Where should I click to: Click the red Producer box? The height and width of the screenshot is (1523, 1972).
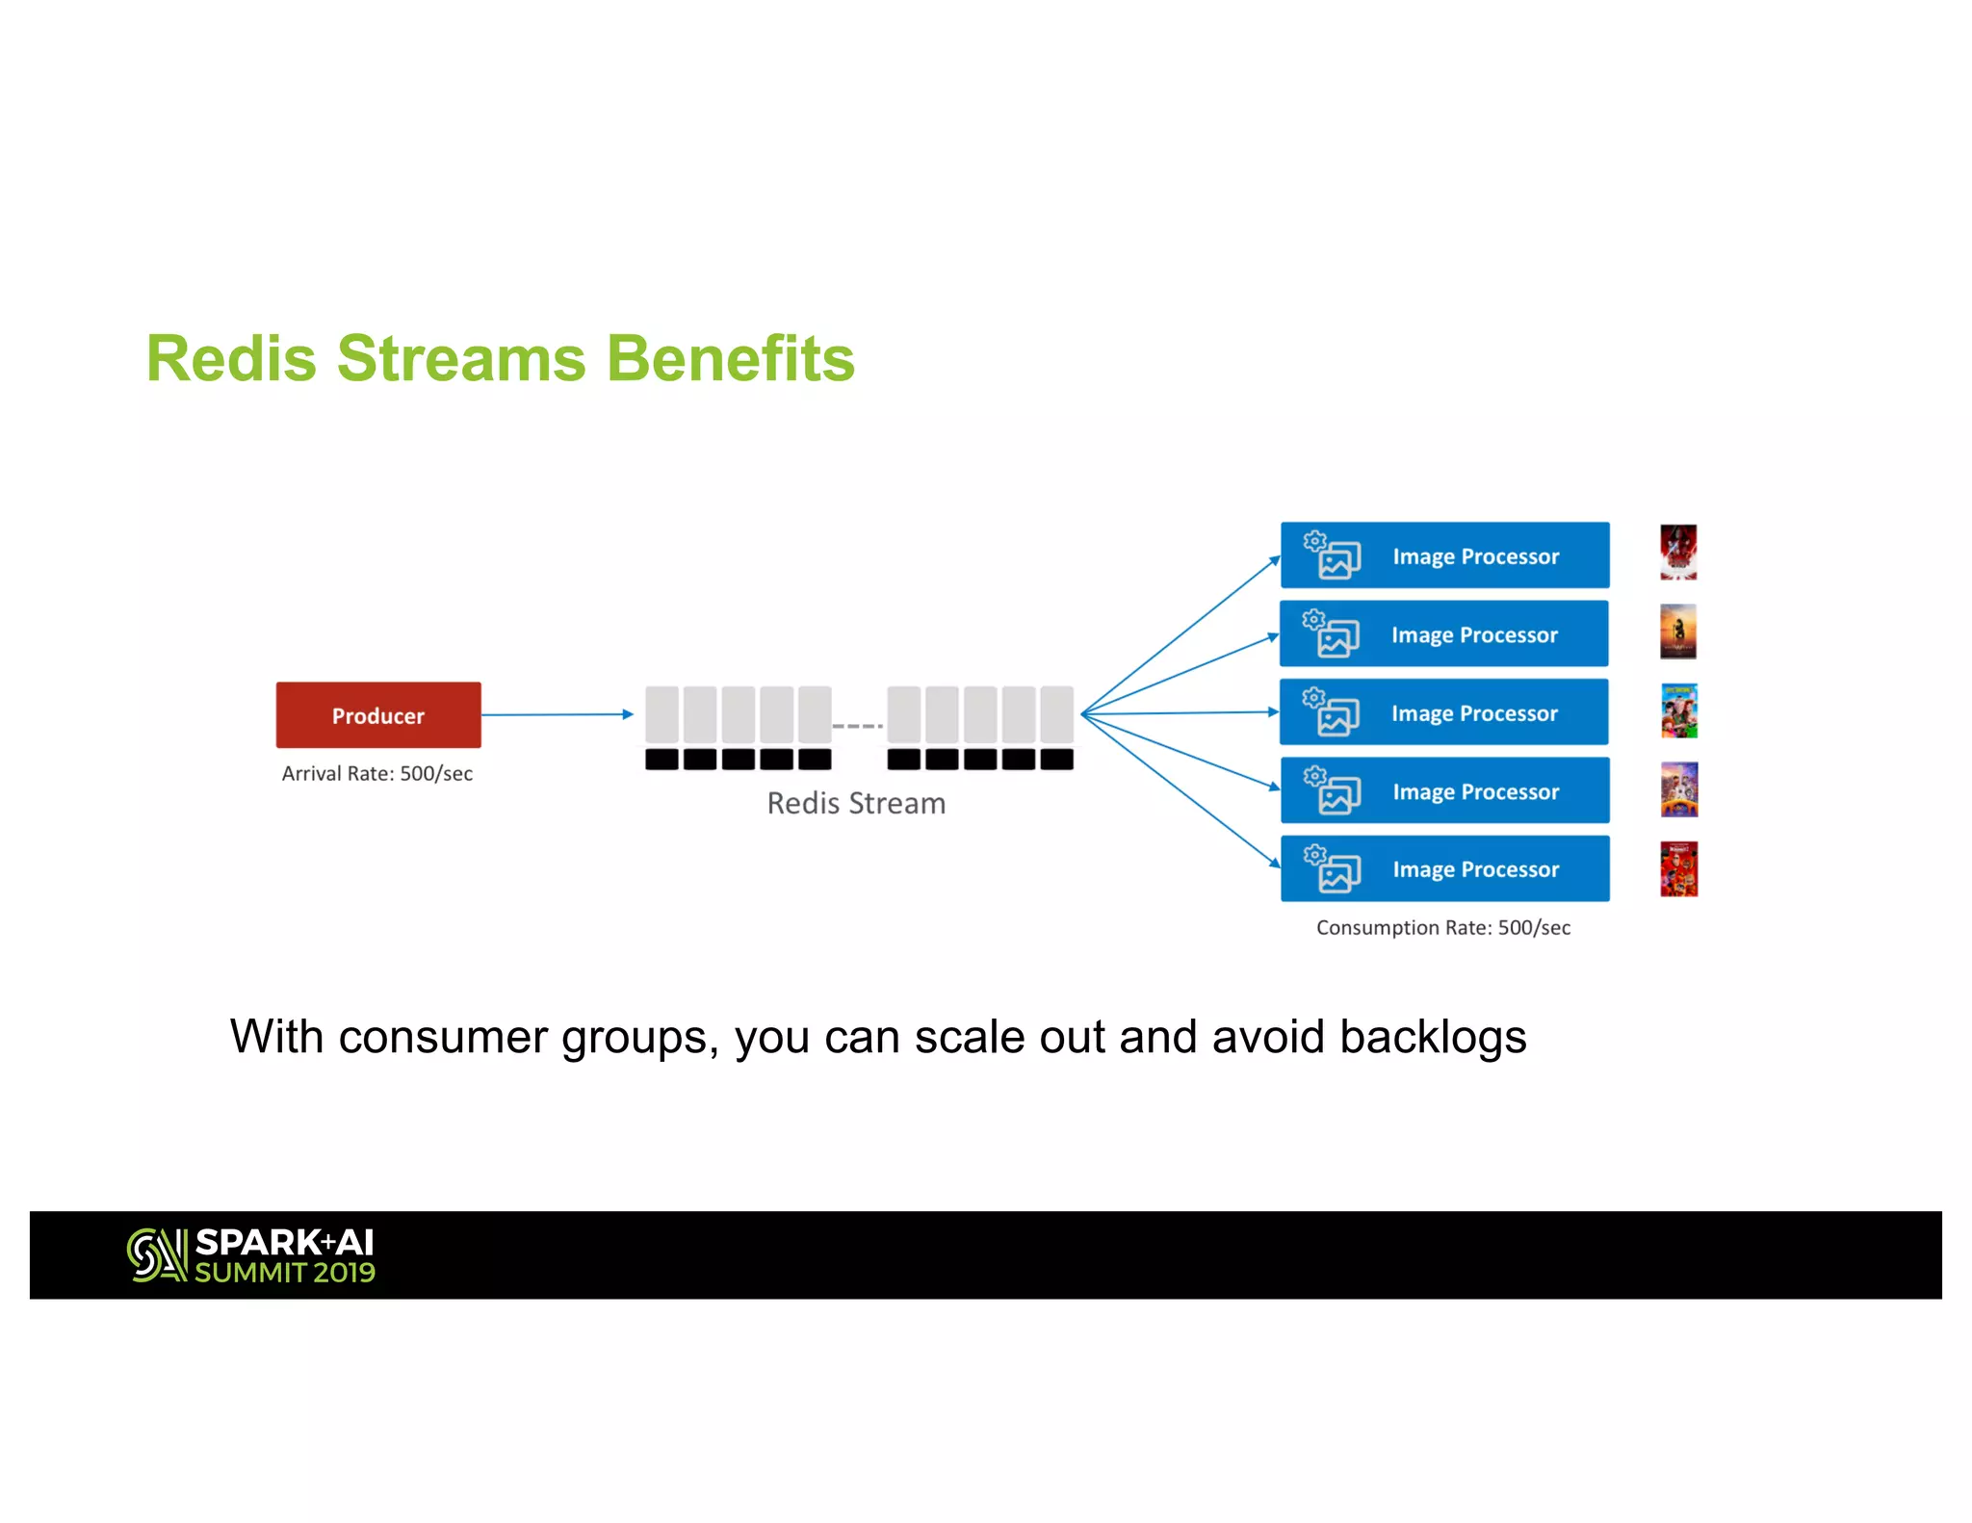[x=377, y=714]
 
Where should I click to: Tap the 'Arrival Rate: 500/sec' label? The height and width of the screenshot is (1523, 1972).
[x=376, y=773]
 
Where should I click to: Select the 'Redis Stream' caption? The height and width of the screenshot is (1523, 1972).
[x=855, y=803]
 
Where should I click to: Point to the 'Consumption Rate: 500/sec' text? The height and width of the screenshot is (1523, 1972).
[x=1442, y=927]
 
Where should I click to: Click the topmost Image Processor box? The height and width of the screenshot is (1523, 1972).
[x=1444, y=555]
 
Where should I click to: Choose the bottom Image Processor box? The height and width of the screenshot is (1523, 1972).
[x=1444, y=868]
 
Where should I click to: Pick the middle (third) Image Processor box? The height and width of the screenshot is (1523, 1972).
[x=1444, y=712]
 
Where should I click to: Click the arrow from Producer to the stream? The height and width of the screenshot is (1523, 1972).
[x=557, y=714]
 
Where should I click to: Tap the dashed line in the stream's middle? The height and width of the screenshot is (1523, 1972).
[x=857, y=726]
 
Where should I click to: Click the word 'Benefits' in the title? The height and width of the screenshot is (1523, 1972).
[x=730, y=358]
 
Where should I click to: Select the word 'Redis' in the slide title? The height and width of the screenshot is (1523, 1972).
[x=231, y=358]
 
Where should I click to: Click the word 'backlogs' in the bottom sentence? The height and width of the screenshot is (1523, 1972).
[x=1432, y=1037]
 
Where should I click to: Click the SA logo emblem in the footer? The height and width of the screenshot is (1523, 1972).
[x=157, y=1254]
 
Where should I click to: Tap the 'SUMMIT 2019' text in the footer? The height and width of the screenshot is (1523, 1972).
[x=285, y=1273]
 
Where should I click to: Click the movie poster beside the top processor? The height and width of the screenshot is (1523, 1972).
[x=1677, y=553]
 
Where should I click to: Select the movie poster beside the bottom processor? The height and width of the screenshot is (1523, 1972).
[x=1678, y=868]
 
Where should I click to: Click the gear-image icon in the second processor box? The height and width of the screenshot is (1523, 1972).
[x=1332, y=633]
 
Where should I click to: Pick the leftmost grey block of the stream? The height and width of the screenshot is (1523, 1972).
[x=662, y=713]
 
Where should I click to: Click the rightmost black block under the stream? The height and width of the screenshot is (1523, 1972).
[x=1056, y=759]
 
